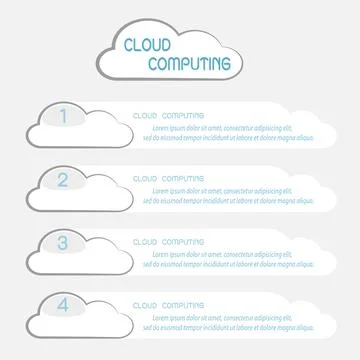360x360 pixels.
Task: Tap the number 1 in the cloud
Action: [x=63, y=117]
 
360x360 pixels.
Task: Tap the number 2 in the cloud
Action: [x=63, y=180]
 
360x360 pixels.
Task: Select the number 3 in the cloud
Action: [x=63, y=242]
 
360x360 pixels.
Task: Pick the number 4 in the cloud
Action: [x=63, y=305]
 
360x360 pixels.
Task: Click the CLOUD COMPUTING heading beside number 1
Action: [x=169, y=115]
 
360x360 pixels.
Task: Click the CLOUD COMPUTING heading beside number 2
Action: [x=169, y=178]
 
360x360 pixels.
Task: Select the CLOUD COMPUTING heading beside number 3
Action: [x=169, y=241]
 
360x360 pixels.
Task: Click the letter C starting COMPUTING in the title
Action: [x=151, y=64]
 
